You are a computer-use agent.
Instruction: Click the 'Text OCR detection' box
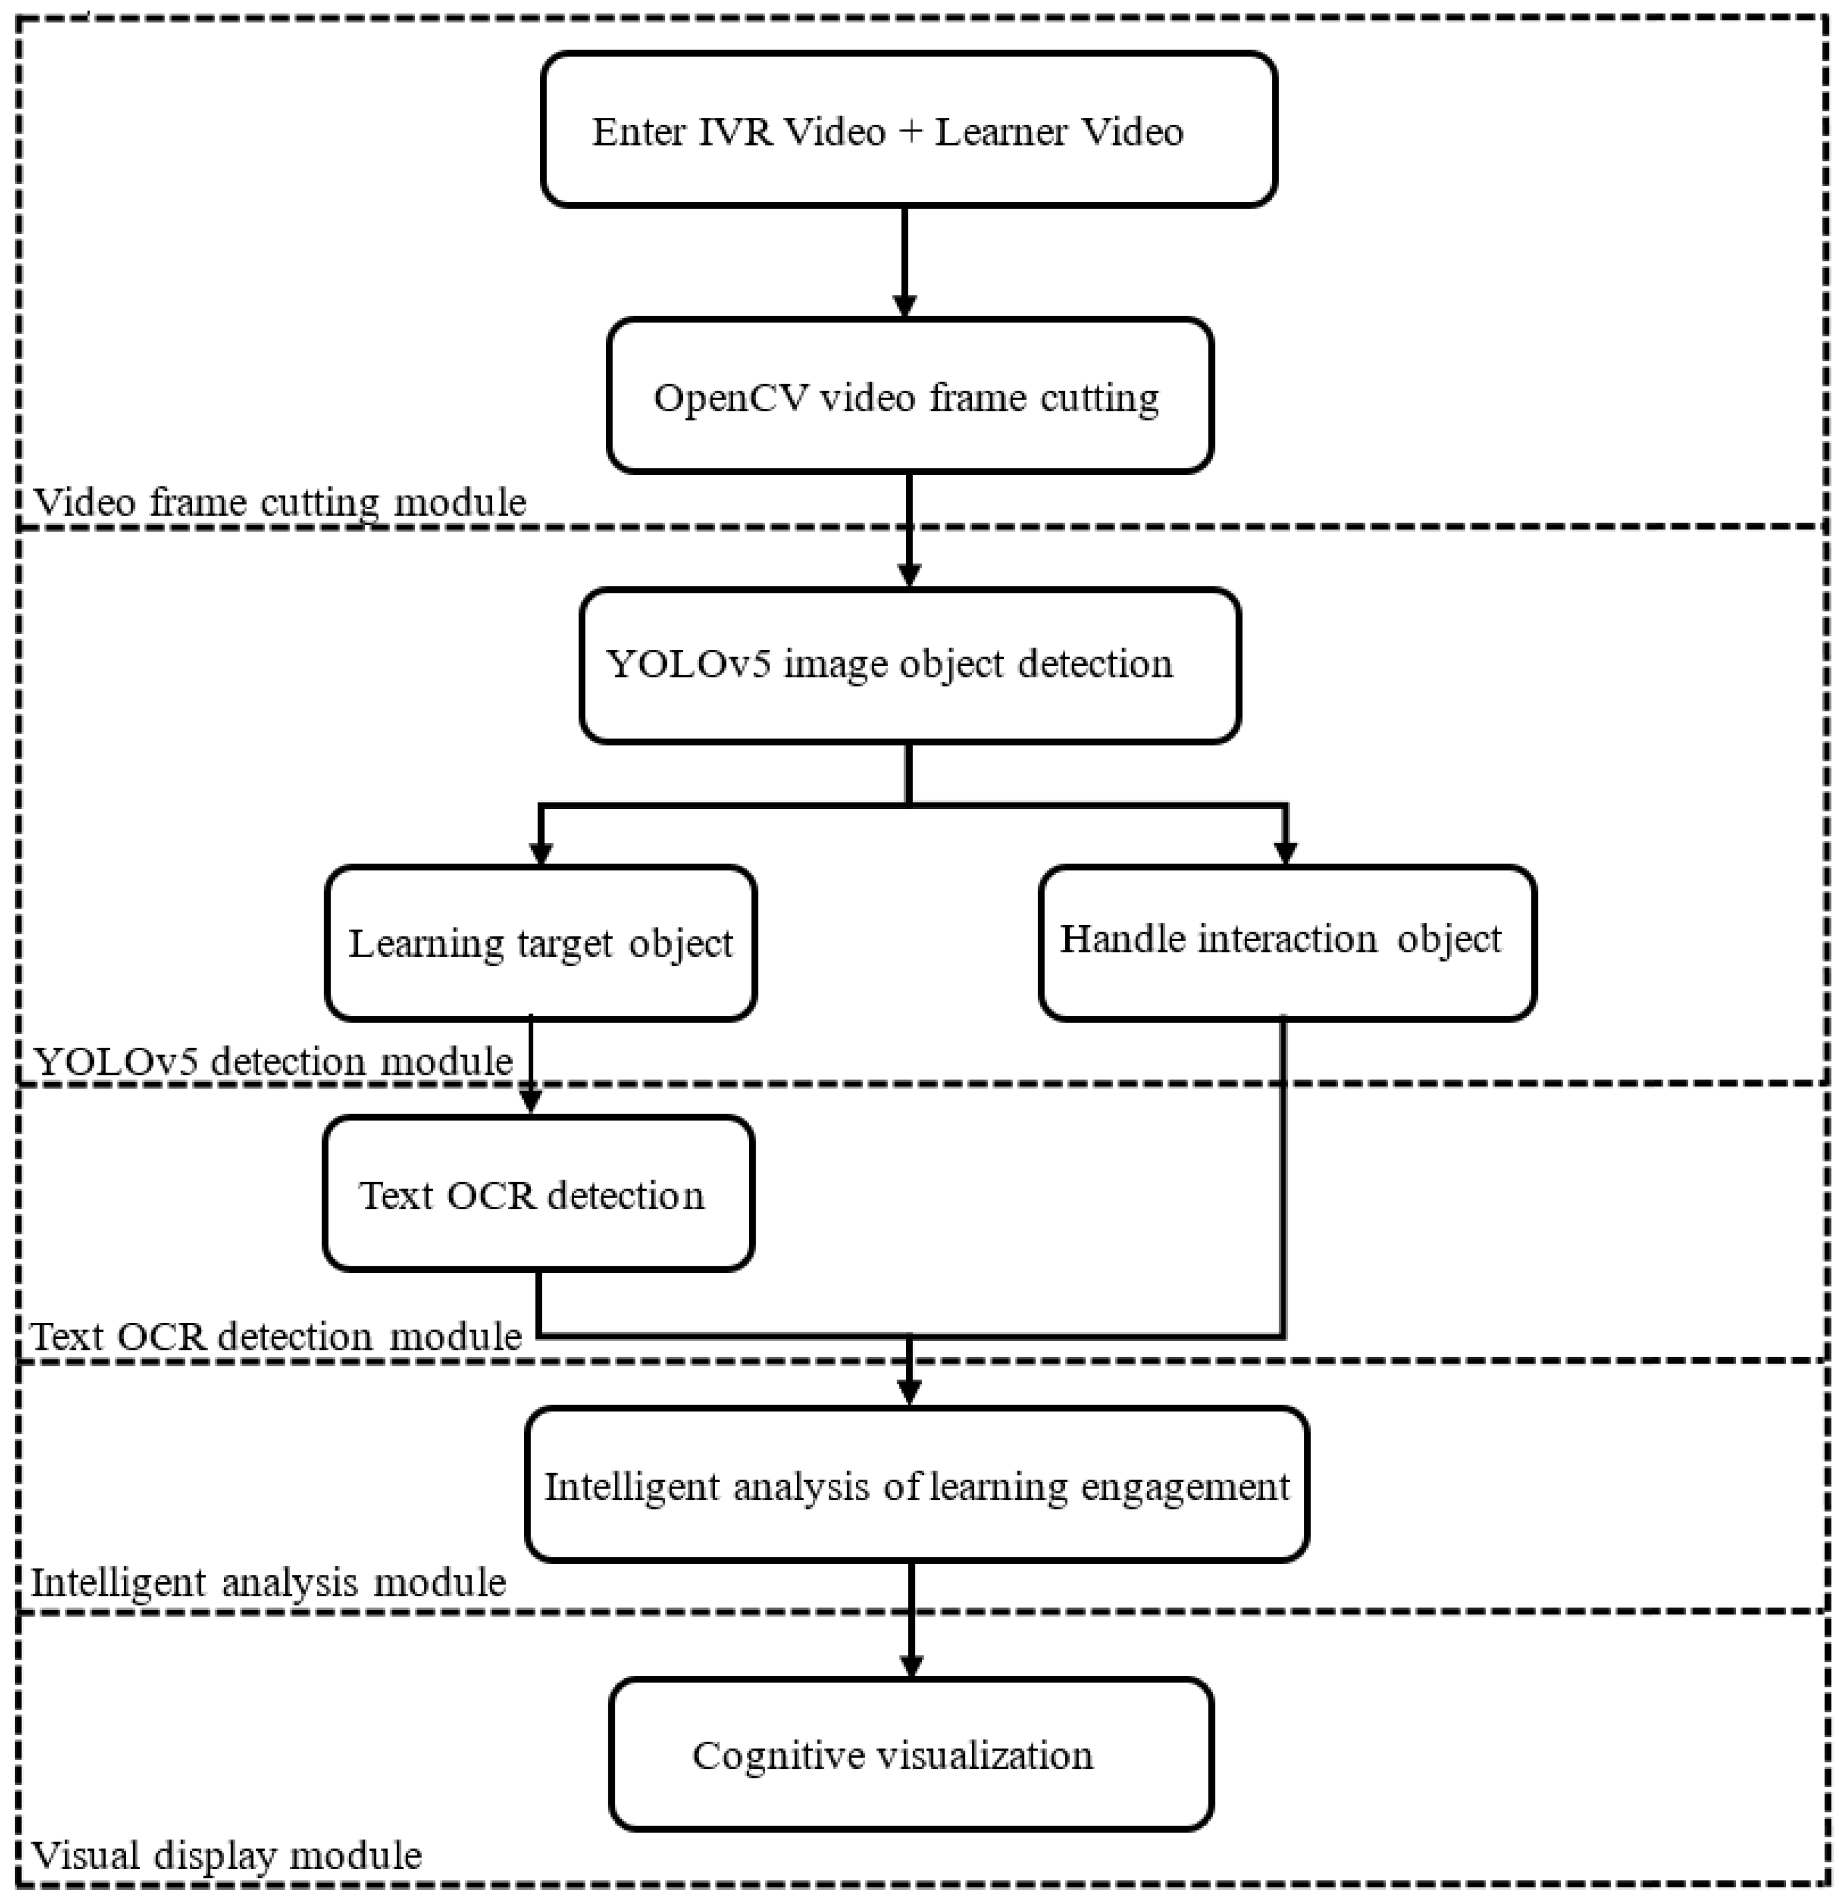pyautogui.click(x=538, y=1194)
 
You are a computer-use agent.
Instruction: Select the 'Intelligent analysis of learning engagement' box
pyautogui.click(x=916, y=1484)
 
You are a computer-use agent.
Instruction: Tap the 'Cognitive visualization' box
pyautogui.click(x=910, y=1755)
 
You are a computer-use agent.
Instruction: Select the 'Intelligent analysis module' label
pyautogui.click(x=268, y=1582)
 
